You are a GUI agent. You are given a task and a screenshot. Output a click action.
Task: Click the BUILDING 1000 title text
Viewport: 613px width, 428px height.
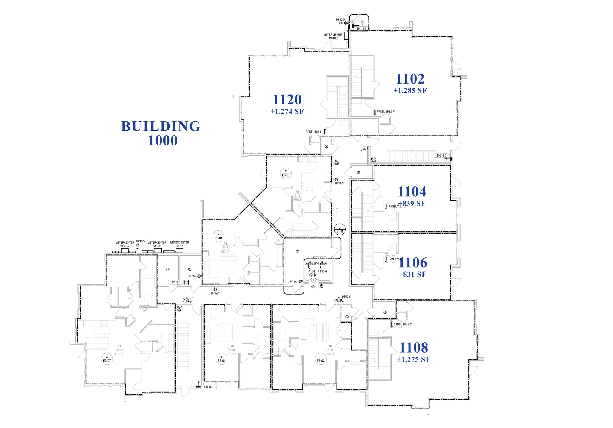pos(161,133)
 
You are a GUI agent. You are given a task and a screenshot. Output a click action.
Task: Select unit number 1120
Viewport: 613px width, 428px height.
pos(287,100)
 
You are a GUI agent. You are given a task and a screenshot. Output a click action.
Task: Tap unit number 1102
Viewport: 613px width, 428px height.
pos(410,79)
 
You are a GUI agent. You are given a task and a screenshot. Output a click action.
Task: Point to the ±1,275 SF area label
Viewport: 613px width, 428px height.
pos(413,359)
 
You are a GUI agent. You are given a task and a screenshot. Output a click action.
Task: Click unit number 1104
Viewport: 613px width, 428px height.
pos(412,192)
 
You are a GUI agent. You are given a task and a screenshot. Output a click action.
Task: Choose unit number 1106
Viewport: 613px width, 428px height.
pos(413,263)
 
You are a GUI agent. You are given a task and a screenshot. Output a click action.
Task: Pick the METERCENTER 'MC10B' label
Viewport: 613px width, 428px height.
pos(333,36)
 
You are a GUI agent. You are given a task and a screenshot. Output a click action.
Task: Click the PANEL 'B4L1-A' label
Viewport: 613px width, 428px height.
pos(386,112)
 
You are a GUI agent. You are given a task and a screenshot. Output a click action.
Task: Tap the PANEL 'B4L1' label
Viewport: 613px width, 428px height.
pos(313,132)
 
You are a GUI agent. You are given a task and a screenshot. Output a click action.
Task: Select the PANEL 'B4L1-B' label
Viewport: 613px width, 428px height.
pos(403,324)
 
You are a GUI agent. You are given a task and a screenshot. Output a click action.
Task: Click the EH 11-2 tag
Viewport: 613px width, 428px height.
pos(441,156)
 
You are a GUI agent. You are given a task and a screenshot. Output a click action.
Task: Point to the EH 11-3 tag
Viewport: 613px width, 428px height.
pos(209,387)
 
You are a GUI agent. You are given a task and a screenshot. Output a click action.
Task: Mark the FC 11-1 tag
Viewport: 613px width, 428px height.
pos(176,282)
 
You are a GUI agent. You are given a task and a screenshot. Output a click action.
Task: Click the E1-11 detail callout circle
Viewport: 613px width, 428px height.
pos(340,230)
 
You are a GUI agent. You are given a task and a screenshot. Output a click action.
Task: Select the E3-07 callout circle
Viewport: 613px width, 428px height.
pos(107,359)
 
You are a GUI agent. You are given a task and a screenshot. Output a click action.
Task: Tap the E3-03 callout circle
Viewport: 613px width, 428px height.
pos(321,359)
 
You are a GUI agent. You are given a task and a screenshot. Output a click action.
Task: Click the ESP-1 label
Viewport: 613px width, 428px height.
pos(315,264)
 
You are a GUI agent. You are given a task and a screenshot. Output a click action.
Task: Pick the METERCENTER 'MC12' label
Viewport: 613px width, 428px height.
pos(179,244)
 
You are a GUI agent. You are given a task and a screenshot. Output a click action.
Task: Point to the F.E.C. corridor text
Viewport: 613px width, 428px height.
pos(337,210)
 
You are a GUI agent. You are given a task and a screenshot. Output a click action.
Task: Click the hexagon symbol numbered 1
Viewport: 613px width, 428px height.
pos(313,280)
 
